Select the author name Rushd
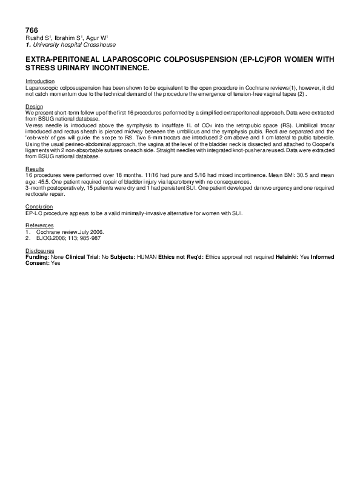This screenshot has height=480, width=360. [33, 38]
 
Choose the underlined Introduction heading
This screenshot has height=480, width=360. [40, 81]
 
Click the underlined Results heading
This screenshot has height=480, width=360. [35, 168]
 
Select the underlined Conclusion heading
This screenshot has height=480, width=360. [38, 207]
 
